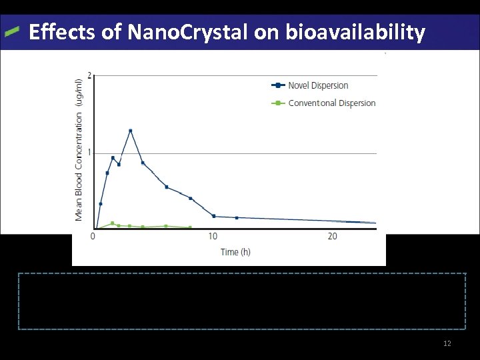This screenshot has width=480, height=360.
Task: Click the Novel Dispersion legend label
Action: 318,85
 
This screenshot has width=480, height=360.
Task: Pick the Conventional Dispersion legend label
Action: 331,103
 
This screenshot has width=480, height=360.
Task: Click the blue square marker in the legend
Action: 276,85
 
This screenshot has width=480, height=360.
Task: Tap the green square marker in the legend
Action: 276,103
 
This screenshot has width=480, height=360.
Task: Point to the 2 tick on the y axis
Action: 90,75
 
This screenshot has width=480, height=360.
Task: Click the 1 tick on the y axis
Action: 90,153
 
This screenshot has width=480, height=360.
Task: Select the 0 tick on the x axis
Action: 93,237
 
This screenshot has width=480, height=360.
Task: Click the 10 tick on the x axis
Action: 213,237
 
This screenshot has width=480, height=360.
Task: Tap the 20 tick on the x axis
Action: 333,237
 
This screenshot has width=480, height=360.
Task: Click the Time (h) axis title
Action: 235,252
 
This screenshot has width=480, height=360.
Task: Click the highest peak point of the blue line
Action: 131,131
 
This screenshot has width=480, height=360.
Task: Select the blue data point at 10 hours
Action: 213,216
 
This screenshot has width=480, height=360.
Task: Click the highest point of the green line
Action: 112,223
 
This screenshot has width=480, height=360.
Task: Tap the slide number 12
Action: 447,343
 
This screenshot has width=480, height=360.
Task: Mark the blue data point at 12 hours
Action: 237,217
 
